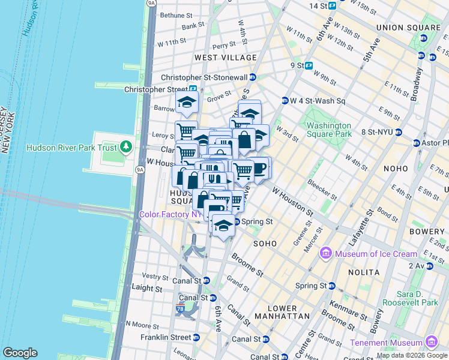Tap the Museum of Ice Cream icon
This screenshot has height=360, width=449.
[326, 253]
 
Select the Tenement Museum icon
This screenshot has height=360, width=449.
[431, 342]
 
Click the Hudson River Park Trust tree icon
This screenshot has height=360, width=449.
[125, 146]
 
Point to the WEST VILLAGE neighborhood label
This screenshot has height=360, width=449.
[224, 58]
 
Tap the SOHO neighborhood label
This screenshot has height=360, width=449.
[264, 244]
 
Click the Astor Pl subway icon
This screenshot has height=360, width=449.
[417, 143]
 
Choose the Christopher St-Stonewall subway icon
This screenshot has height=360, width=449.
[253, 77]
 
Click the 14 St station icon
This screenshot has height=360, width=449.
[331, 6]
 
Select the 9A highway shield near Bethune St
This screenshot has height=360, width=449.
[152, 2]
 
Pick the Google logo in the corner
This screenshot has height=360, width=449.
[20, 353]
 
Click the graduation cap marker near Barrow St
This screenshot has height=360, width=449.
[187, 103]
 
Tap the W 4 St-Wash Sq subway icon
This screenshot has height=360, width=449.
[285, 100]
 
